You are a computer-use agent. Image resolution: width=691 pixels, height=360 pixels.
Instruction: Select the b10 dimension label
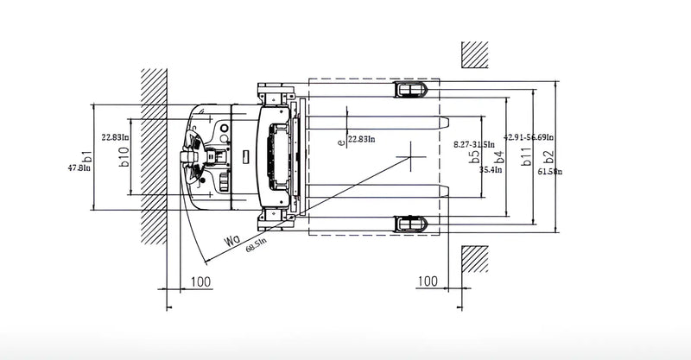tap(124, 155)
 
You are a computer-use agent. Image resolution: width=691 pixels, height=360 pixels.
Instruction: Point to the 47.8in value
tap(79, 168)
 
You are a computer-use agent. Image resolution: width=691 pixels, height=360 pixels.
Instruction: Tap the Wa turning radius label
tap(230, 239)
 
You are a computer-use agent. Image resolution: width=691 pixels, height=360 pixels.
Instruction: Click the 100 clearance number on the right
tap(427, 281)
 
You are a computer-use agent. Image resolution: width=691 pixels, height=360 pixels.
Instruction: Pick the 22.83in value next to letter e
tap(362, 139)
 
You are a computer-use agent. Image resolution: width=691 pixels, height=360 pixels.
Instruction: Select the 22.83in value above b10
tap(115, 136)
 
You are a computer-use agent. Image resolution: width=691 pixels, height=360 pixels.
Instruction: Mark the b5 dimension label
tap(474, 156)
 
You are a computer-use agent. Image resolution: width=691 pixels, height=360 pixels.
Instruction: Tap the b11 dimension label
tap(525, 156)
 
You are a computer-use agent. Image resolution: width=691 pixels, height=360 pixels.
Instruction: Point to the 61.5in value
tap(549, 172)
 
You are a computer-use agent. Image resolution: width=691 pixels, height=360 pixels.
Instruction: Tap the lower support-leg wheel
tap(411, 224)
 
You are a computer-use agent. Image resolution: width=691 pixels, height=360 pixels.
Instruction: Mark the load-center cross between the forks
tap(411, 157)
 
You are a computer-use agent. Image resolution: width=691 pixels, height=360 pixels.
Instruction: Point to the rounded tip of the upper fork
tap(446, 119)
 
